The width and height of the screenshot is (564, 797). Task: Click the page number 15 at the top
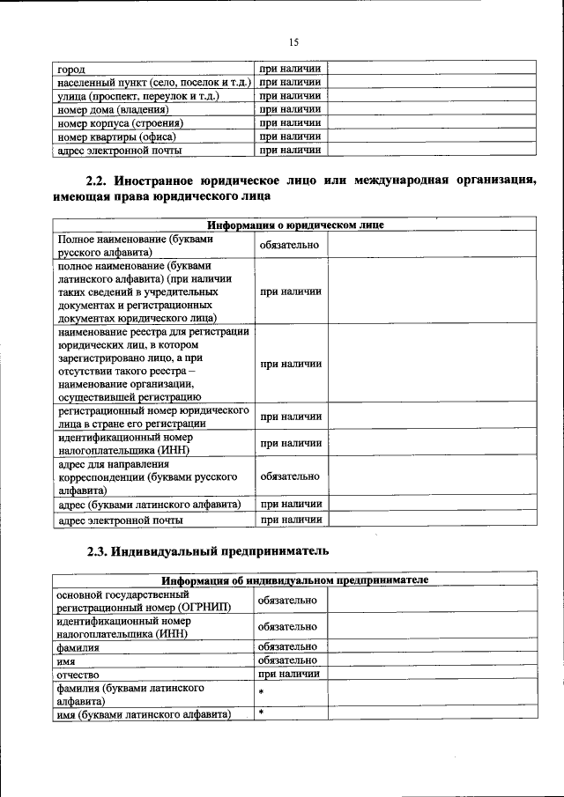pyautogui.click(x=294, y=41)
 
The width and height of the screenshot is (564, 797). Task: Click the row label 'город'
pyautogui.click(x=72, y=69)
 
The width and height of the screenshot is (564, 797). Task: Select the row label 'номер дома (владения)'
pyautogui.click(x=113, y=110)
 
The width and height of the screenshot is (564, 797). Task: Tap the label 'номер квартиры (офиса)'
pyautogui.click(x=116, y=137)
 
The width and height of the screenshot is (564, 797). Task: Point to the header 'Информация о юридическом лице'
pyautogui.click(x=295, y=225)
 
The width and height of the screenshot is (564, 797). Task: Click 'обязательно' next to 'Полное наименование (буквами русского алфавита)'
pyautogui.click(x=289, y=245)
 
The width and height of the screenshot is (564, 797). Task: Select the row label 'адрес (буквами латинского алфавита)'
pyautogui.click(x=149, y=505)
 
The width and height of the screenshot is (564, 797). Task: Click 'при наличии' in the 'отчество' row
pyautogui.click(x=290, y=674)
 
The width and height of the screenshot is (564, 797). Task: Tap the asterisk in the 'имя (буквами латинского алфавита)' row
pyautogui.click(x=262, y=714)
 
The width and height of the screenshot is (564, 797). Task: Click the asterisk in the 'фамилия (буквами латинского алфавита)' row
pyautogui.click(x=262, y=695)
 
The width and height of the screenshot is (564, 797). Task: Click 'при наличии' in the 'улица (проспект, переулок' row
pyautogui.click(x=290, y=96)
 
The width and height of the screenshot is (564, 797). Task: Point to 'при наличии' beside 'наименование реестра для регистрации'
pyautogui.click(x=290, y=364)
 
